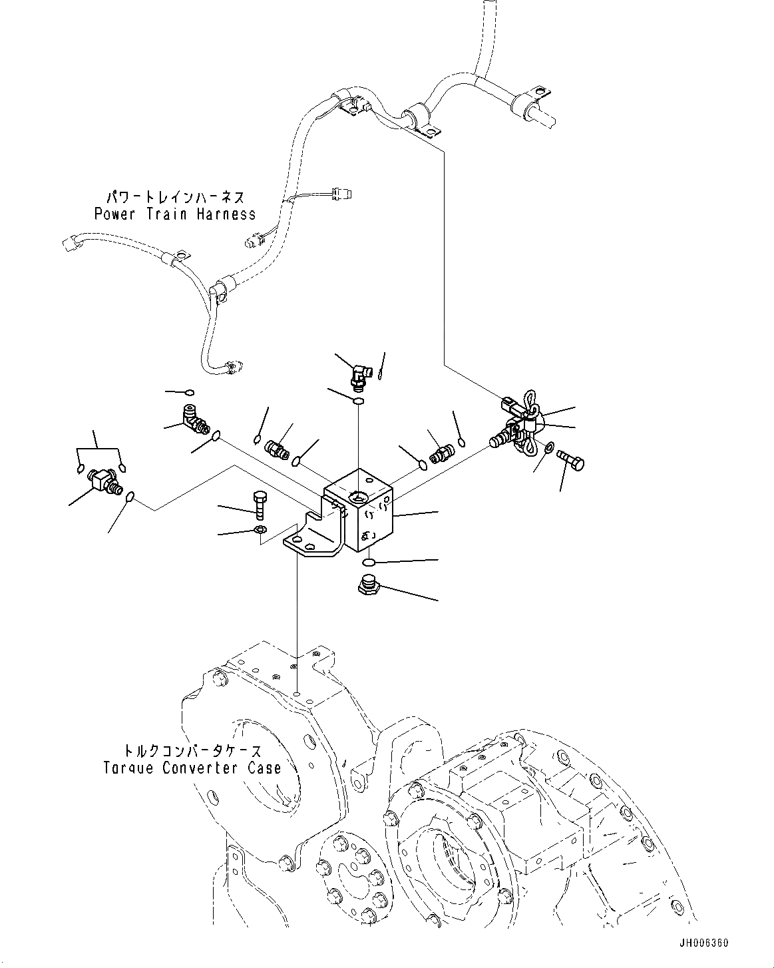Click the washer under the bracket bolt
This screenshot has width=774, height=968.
[x=260, y=530]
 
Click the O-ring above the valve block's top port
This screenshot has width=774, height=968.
[x=358, y=401]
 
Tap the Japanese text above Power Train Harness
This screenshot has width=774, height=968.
[x=175, y=198]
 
